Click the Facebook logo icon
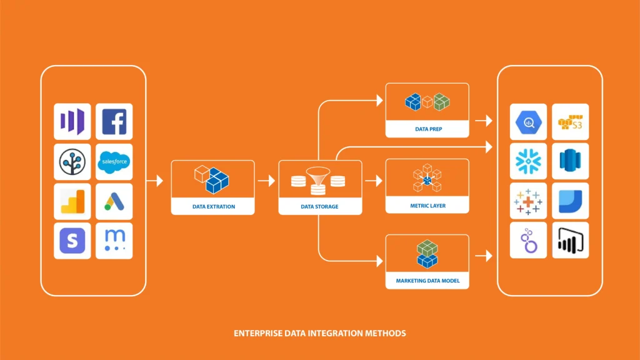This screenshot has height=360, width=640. click(114, 122)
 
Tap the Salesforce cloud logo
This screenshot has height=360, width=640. click(114, 162)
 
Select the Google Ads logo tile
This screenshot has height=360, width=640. click(114, 201)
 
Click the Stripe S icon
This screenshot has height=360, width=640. click(72, 241)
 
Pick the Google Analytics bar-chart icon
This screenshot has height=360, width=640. click(72, 201)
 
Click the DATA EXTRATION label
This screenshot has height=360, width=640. click(213, 206)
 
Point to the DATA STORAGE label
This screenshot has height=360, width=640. click(320, 206)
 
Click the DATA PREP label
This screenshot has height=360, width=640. click(427, 129)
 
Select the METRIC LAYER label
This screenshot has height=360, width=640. click(427, 205)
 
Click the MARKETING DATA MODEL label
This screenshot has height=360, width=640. click(427, 281)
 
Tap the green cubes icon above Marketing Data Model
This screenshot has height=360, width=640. click(427, 253)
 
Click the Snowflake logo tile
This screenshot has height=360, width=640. click(529, 161)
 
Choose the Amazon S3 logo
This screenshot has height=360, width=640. click(570, 122)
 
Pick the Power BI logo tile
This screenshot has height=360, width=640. click(570, 240)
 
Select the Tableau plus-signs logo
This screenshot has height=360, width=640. click(529, 201)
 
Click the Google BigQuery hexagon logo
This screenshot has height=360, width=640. click(529, 122)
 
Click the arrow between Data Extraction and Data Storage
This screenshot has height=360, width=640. click(266, 181)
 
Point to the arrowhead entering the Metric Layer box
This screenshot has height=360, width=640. click(378, 181)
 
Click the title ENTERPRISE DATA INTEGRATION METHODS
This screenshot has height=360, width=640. click(319, 333)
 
